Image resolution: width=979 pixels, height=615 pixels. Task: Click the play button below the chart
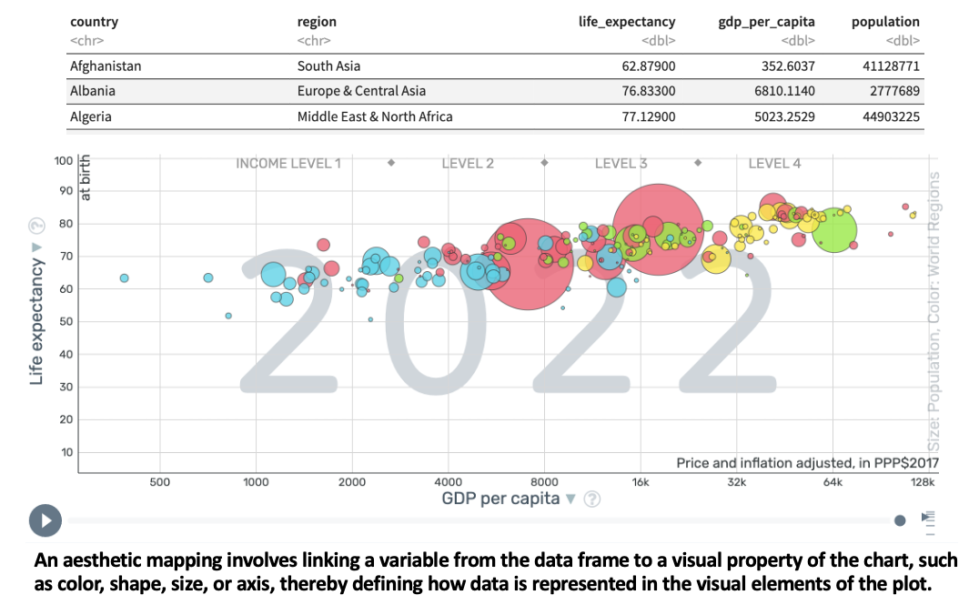(45, 520)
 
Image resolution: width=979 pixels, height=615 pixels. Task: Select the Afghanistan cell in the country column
(106, 66)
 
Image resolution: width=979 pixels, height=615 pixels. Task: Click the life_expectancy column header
(627, 22)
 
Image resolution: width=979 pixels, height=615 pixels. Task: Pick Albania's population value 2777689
(891, 91)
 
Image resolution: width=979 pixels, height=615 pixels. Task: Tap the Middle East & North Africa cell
(374, 116)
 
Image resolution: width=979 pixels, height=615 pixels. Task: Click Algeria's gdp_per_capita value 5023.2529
(778, 116)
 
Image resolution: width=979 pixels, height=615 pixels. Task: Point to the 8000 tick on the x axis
(543, 482)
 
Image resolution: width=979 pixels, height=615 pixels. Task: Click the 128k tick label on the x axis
(925, 482)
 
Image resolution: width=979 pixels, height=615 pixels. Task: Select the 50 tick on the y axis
(65, 322)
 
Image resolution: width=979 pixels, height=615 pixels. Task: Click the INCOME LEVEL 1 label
(288, 164)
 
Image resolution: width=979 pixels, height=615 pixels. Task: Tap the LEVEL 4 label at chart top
(774, 164)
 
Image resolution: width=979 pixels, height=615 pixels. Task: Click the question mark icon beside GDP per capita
(592, 499)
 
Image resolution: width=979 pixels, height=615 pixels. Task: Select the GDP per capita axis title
(500, 499)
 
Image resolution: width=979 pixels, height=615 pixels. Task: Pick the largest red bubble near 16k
(656, 227)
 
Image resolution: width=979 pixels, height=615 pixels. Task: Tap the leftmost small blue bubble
(124, 277)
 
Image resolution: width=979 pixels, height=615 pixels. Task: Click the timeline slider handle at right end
(900, 520)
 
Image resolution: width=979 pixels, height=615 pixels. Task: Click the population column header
(885, 22)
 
